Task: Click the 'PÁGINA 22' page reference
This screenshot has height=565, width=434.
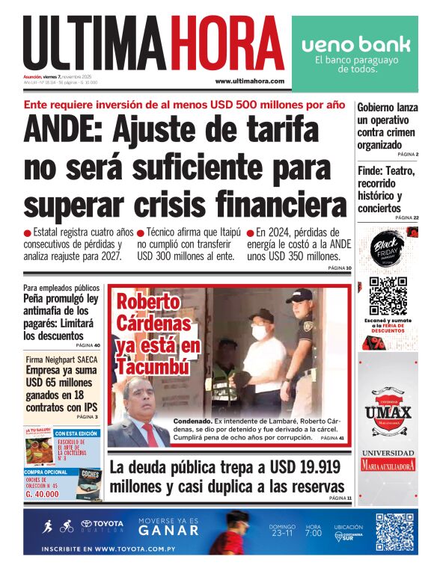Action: [406, 217]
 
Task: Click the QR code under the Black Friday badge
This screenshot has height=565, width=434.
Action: [387, 296]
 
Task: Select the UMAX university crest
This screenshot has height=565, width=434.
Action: [388, 412]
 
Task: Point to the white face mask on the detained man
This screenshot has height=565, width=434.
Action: [260, 332]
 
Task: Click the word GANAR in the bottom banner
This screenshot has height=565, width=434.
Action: [168, 530]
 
